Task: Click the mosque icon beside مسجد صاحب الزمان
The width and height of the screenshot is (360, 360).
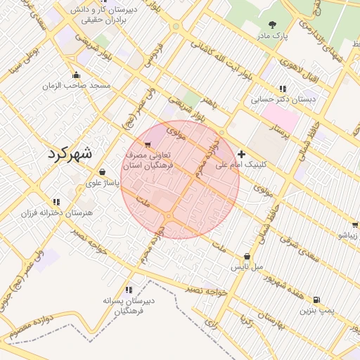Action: coord(76,75)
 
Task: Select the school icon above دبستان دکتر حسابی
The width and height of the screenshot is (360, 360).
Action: coord(283,89)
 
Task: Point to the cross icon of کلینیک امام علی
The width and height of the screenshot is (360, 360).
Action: coord(242,154)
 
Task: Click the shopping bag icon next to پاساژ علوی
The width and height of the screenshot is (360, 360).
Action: coord(103,172)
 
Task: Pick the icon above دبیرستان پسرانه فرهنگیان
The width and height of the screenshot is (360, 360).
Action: coord(128,290)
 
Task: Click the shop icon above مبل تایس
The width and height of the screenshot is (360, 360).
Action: coord(247,257)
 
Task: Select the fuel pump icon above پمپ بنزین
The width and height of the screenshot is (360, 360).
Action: coord(316,299)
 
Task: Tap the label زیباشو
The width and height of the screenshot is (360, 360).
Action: coord(348,236)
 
